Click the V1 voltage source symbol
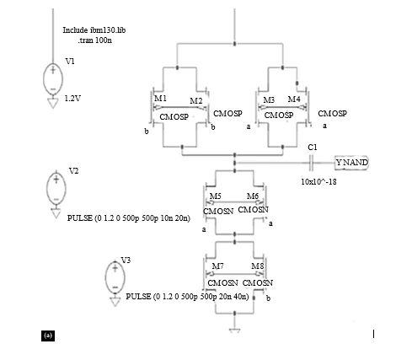(x=53, y=79)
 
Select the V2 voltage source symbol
(x=56, y=188)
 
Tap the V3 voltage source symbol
(x=115, y=277)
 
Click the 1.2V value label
(x=72, y=99)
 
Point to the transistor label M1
(x=160, y=99)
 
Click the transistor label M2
(x=196, y=100)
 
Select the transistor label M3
(x=269, y=100)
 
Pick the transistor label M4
(x=294, y=99)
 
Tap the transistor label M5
(x=216, y=196)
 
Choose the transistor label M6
(x=253, y=196)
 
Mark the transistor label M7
(x=217, y=266)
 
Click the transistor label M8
(x=258, y=266)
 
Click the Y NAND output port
(x=351, y=163)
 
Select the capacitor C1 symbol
(x=311, y=163)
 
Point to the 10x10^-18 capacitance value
(x=318, y=182)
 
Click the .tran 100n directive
(x=95, y=40)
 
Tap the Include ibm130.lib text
(x=94, y=30)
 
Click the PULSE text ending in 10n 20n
(x=129, y=218)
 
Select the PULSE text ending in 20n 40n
(x=187, y=297)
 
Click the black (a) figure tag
(x=48, y=336)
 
